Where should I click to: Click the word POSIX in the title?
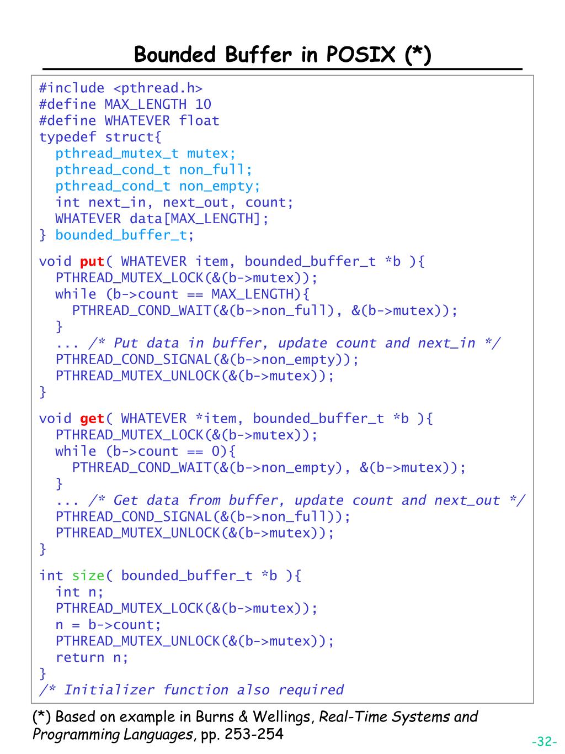tap(361, 55)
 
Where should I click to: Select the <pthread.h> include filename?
tap(158, 88)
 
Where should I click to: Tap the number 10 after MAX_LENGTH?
tap(203, 104)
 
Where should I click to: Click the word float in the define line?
tap(199, 120)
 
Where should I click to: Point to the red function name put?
tap(92, 261)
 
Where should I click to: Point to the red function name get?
tap(92, 419)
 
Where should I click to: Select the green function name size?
tap(88, 576)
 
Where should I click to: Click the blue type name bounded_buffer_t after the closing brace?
tap(121, 235)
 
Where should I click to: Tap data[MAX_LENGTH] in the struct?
tap(194, 219)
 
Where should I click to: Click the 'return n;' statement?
tap(92, 657)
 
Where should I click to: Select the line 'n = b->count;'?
tap(108, 625)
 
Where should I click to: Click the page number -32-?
tap(544, 741)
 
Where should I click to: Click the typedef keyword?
tap(67, 137)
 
